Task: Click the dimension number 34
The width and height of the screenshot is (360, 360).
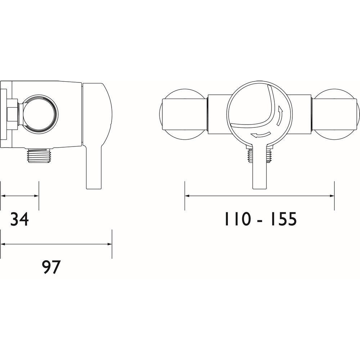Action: point(19,219)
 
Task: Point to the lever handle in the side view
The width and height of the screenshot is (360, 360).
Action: point(94,137)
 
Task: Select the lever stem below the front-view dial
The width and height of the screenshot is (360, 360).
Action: point(259,169)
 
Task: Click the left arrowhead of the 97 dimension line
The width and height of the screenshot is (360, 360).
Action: point(3,244)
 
